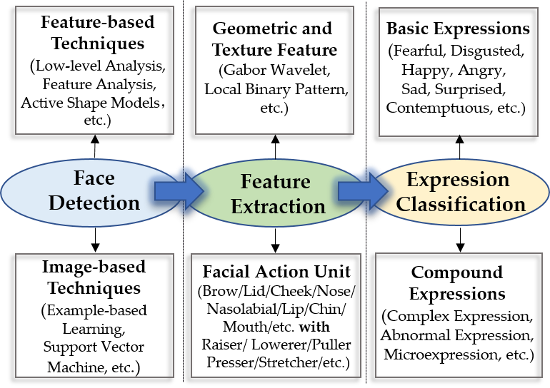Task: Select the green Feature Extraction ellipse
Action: click(275, 192)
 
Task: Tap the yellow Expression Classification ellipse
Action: click(459, 192)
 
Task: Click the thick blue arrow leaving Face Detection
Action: click(179, 191)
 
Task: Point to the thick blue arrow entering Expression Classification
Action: click(363, 191)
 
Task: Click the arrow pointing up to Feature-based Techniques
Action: click(95, 146)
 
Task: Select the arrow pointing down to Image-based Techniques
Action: click(95, 240)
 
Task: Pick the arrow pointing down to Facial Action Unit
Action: click(275, 241)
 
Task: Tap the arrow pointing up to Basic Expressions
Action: click(460, 147)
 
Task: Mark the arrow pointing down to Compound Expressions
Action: click(460, 240)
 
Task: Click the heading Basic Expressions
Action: click(458, 29)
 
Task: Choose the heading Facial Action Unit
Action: click(276, 272)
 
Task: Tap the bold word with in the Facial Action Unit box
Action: click(314, 327)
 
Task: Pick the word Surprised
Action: click(470, 89)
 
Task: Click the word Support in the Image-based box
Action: click(66, 347)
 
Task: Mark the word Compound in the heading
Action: click(457, 273)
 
